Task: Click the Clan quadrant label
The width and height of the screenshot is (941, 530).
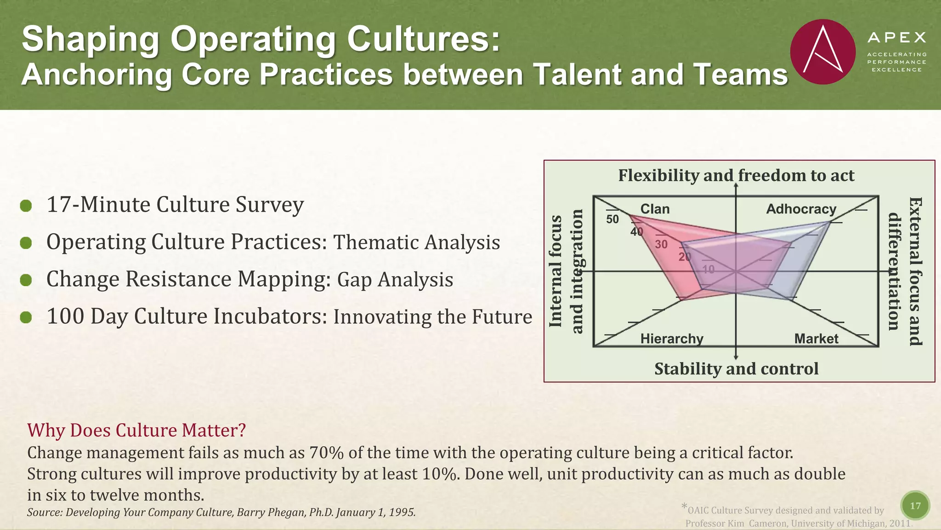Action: click(655, 209)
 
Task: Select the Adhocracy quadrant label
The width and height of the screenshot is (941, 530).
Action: click(801, 209)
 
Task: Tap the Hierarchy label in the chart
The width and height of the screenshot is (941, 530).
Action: click(672, 339)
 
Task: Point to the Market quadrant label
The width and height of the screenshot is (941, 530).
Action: click(816, 339)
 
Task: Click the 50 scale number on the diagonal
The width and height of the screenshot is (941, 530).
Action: click(612, 219)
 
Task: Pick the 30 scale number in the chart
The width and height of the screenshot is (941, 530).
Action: click(661, 244)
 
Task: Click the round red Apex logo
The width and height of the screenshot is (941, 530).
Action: click(822, 52)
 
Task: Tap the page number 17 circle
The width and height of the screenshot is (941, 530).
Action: click(915, 506)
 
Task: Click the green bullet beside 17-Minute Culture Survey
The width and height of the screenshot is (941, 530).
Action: click(26, 206)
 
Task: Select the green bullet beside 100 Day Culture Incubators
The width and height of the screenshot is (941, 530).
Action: click(26, 317)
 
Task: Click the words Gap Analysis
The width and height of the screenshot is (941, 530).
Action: click(395, 280)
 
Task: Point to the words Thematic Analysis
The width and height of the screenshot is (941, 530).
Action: click(416, 242)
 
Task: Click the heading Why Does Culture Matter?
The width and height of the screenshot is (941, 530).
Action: click(136, 430)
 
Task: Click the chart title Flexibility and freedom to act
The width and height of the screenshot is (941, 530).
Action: click(736, 175)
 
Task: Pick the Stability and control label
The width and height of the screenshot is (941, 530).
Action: click(736, 369)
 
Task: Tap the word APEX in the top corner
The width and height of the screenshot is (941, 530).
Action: click(896, 37)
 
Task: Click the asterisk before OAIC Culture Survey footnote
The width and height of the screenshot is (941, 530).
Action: click(684, 507)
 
